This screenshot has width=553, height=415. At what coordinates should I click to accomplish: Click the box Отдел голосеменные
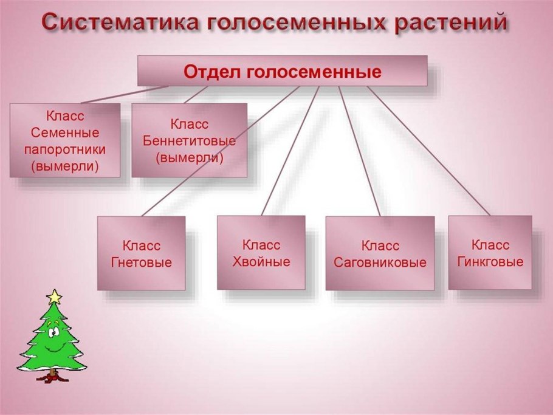[282, 71]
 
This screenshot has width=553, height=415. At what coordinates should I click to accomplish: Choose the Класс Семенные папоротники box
[64, 140]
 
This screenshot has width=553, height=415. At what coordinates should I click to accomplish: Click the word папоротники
[64, 149]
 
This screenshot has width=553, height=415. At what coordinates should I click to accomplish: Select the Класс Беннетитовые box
[189, 140]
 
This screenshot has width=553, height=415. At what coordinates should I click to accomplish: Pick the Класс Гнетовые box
[142, 253]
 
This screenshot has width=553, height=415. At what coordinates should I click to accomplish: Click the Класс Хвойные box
[261, 253]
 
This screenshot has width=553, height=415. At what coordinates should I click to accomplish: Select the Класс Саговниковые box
[380, 254]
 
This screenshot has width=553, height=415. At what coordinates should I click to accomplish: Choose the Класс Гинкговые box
[490, 253]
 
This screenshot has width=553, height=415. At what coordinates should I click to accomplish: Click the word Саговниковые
[380, 263]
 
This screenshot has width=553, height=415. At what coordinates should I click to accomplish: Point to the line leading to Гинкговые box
[428, 150]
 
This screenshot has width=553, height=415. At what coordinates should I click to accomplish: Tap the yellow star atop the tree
[55, 297]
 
